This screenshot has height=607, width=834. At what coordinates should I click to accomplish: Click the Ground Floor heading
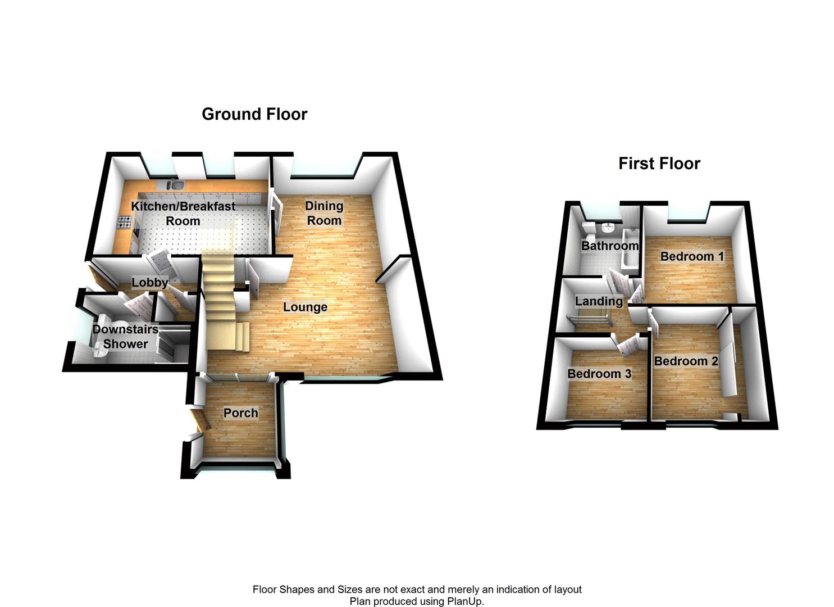click(254, 114)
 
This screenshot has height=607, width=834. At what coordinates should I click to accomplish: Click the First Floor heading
click(659, 164)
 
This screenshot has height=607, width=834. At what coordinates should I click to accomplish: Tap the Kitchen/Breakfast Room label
click(183, 214)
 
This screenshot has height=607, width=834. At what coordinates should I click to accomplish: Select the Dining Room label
click(324, 213)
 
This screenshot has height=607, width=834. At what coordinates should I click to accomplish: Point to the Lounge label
click(306, 307)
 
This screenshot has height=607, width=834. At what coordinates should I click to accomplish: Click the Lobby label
click(150, 283)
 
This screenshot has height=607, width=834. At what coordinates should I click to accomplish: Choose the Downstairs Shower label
click(125, 337)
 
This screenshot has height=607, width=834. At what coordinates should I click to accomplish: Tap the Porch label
click(240, 413)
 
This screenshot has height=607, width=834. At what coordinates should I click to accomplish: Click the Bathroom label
click(610, 246)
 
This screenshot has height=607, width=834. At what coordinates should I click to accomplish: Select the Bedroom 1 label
click(692, 256)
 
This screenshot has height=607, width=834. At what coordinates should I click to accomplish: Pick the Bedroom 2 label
click(686, 361)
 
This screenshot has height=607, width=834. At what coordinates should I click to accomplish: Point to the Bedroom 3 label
click(599, 374)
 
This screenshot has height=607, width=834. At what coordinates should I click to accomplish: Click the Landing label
click(599, 301)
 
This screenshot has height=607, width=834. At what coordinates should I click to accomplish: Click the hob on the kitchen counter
click(125, 222)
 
